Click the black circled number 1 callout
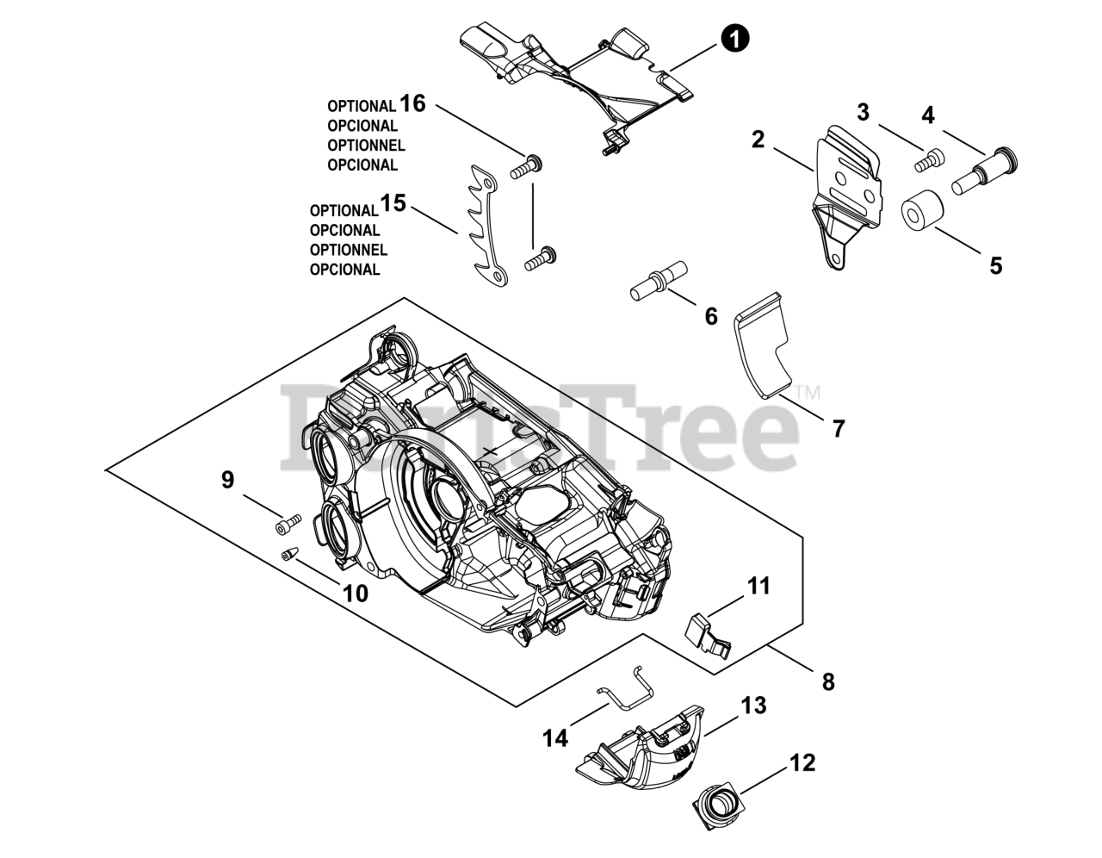(x=734, y=38)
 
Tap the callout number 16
(x=412, y=103)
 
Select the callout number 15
(x=393, y=204)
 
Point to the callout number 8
(x=827, y=681)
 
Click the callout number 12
(x=802, y=762)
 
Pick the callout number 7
(x=839, y=428)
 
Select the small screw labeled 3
(x=929, y=159)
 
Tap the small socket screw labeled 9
(x=288, y=523)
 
